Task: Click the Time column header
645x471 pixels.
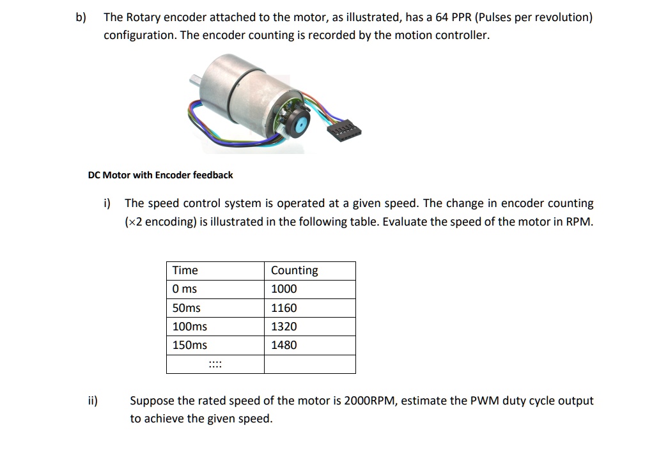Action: pyautogui.click(x=185, y=270)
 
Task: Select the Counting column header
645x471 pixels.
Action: pyautogui.click(x=294, y=270)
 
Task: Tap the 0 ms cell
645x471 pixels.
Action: pyautogui.click(x=185, y=289)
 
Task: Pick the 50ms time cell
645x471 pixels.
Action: pyautogui.click(x=187, y=308)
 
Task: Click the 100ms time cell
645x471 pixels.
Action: pyautogui.click(x=190, y=327)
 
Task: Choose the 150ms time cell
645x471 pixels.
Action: pyautogui.click(x=190, y=345)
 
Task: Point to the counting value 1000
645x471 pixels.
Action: pyautogui.click(x=284, y=289)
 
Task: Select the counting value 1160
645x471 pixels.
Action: pyautogui.click(x=284, y=308)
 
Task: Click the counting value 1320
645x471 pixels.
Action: pyautogui.click(x=284, y=327)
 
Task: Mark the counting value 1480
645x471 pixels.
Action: pyautogui.click(x=284, y=345)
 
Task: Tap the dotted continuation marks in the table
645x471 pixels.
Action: pyautogui.click(x=215, y=365)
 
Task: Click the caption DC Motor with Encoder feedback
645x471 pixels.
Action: pyautogui.click(x=160, y=175)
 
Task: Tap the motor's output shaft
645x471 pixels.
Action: pyautogui.click(x=194, y=80)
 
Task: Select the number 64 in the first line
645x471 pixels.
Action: pyautogui.click(x=442, y=17)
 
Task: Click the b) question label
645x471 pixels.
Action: pyautogui.click(x=81, y=17)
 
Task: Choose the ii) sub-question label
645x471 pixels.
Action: pyautogui.click(x=93, y=401)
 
